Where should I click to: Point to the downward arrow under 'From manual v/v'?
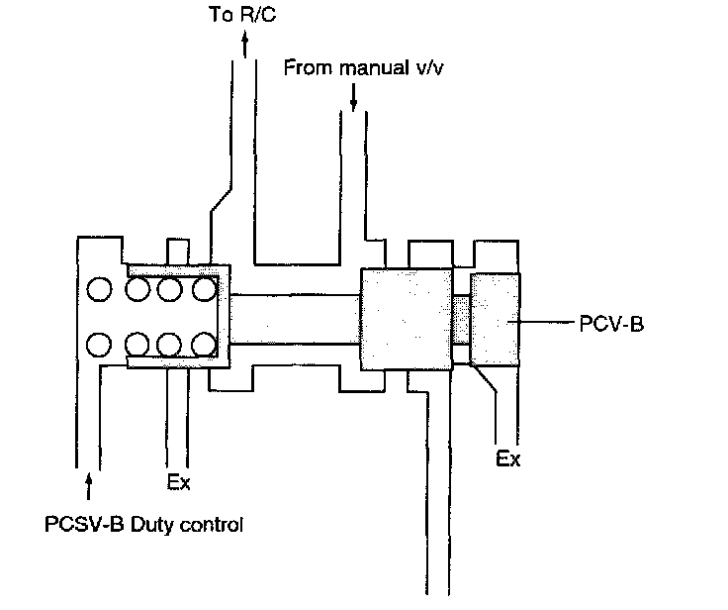354,96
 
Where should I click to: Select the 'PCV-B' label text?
612,323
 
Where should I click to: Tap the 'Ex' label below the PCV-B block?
507,459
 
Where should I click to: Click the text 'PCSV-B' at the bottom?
80,525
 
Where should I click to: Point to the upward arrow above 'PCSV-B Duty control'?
90,484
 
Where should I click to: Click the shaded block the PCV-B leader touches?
494,319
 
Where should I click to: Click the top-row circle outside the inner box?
100,290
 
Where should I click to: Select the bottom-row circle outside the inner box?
100,345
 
